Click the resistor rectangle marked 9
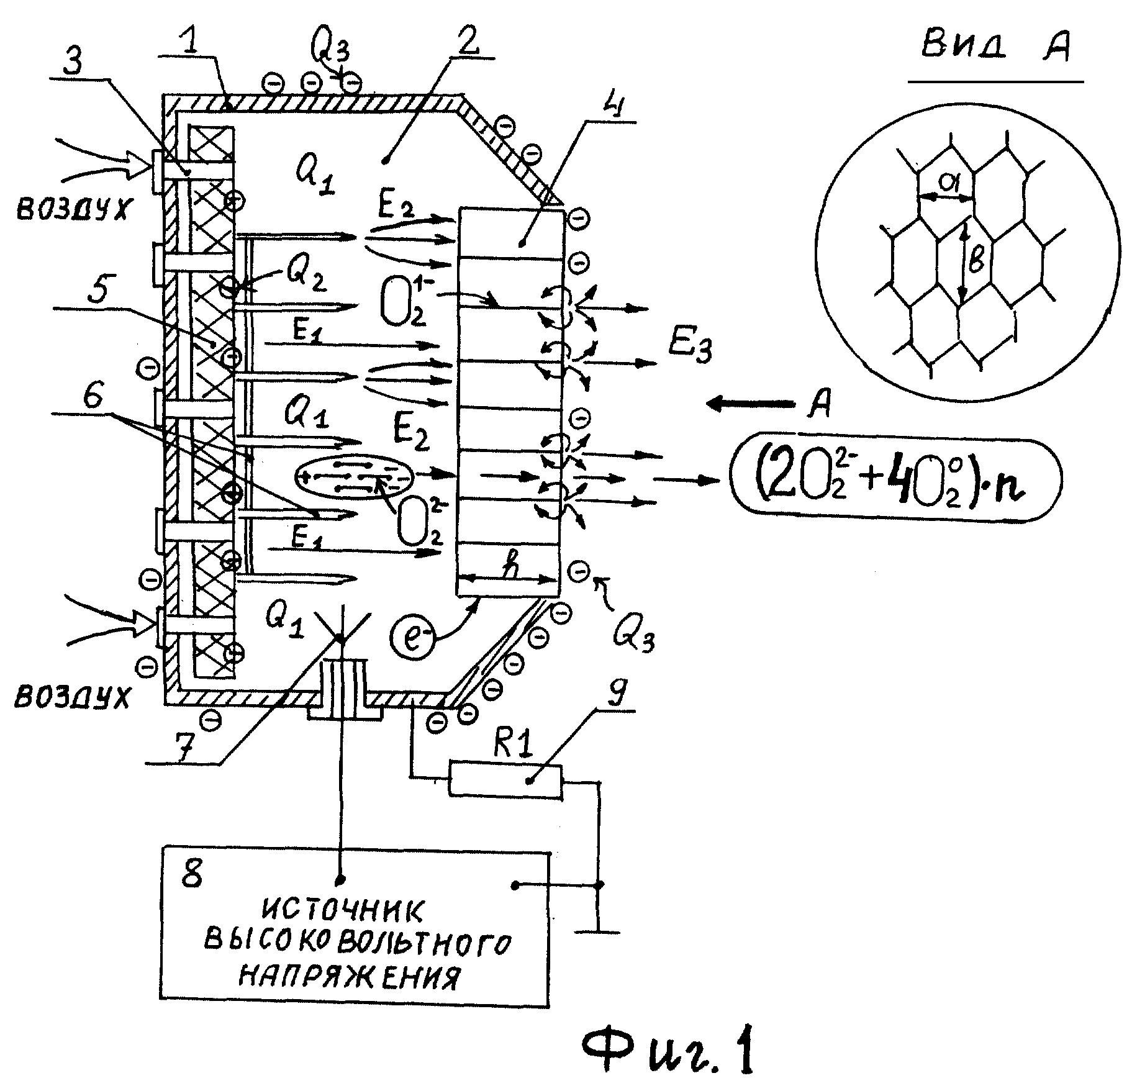click(505, 781)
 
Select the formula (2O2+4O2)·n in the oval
click(895, 478)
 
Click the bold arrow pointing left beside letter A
click(752, 405)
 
